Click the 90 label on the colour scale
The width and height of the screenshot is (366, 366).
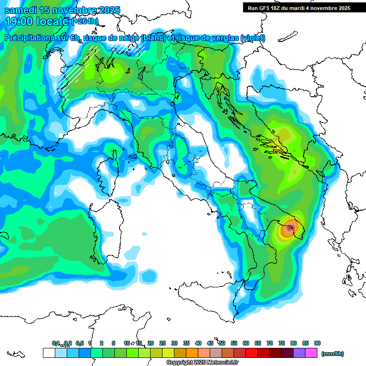pos(317,343)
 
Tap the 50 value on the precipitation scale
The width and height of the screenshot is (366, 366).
pos(222,343)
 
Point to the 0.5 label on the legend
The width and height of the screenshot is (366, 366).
pos(80,343)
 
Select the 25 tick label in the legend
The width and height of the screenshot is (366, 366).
pos(163,343)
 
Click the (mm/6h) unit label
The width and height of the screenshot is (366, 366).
pos(333,354)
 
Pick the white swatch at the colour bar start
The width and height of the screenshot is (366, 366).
pos(49,353)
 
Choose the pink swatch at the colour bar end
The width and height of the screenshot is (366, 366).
pos(312,353)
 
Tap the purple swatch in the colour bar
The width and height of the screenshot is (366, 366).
pos(299,353)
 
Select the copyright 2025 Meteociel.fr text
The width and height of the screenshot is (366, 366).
pos(203,363)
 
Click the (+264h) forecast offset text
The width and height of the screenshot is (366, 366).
pos(84,21)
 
